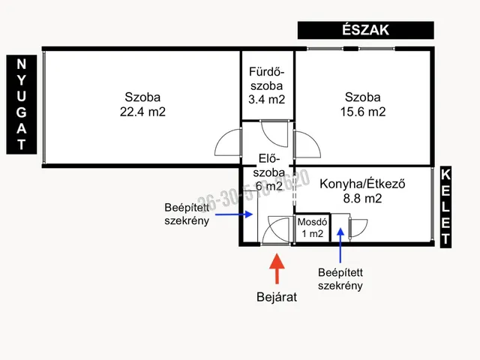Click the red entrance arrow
(276, 268)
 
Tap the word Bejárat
(276, 296)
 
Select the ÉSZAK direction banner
(365, 30)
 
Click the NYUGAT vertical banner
(22, 104)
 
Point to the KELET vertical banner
(446, 207)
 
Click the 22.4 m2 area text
(142, 112)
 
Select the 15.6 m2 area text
(364, 112)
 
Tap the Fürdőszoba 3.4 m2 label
(267, 85)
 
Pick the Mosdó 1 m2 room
(310, 228)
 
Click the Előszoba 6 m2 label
(269, 172)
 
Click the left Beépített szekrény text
(187, 214)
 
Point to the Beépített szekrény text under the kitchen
(340, 279)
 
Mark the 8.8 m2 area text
(362, 199)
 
